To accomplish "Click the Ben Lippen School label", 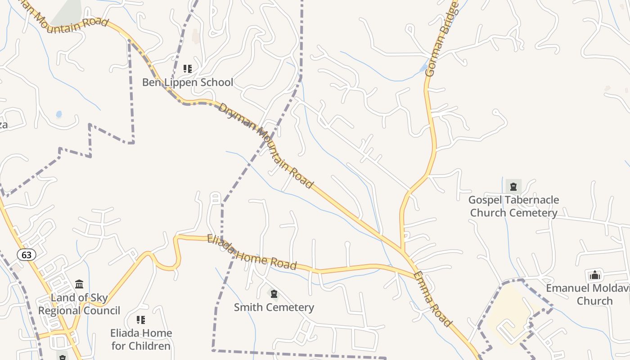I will pos(188,82).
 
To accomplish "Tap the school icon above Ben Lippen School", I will pos(188,69).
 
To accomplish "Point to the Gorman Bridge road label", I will pos(441,40).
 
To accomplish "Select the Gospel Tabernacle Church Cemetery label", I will pos(513,206).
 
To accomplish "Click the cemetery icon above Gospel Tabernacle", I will pos(513,186).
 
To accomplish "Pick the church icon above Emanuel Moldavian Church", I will pos(595,274).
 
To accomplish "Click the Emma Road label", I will pos(432,299).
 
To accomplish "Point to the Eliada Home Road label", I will pos(252,252).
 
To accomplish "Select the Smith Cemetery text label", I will pos(274,307).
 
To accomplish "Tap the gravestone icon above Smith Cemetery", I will pos(274,294).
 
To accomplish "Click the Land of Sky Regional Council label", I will pos(79,304).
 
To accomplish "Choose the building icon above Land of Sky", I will pos(79,284).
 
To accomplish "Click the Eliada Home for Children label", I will pos(141,339).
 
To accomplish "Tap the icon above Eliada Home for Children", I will pos(141,320).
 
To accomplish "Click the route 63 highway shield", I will pos(27,255).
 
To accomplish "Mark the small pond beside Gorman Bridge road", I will pos(423,68).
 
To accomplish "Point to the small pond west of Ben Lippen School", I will pos(59,114).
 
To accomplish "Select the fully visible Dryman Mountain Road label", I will pos(265,145).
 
